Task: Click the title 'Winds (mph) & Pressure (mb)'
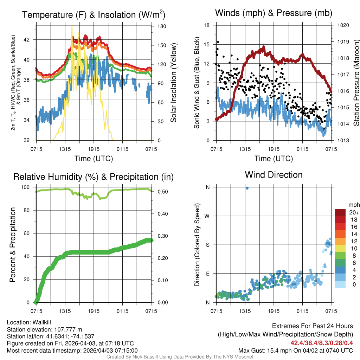[274, 13]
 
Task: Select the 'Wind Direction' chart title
[274, 174]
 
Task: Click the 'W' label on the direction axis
[207, 216]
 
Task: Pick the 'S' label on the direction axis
[208, 245]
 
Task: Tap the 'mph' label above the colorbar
[353, 205]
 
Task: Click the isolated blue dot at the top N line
[247, 188]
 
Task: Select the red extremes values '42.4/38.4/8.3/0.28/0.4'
[322, 343]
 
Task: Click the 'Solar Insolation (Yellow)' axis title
[173, 83]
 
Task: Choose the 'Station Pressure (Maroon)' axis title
[356, 83]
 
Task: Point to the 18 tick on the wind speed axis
[207, 25]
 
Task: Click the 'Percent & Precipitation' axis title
[13, 245]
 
